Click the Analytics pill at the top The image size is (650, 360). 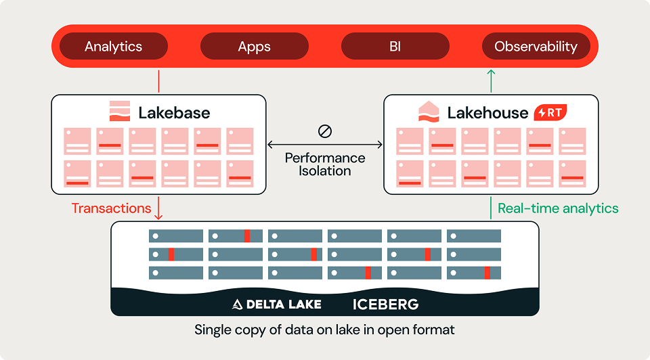[x=114, y=46]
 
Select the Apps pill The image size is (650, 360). [x=254, y=46]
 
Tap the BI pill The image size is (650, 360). [x=395, y=46]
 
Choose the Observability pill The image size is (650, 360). [x=536, y=46]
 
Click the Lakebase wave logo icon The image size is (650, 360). [x=120, y=111]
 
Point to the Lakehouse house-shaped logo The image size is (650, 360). [x=429, y=112]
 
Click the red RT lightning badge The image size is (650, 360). [x=550, y=112]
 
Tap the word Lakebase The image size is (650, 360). [x=174, y=113]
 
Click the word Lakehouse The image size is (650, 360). [x=488, y=113]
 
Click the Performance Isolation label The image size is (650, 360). [x=325, y=164]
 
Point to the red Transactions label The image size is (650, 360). [x=111, y=208]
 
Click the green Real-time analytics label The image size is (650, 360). [x=558, y=208]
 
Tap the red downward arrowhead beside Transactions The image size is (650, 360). [x=158, y=217]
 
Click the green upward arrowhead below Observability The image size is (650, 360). [x=491, y=73]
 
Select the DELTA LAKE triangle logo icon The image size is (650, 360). [x=237, y=305]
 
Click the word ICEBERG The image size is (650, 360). [x=385, y=305]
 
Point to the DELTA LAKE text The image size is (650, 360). [x=284, y=305]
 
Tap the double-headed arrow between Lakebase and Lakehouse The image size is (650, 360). [x=325, y=145]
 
